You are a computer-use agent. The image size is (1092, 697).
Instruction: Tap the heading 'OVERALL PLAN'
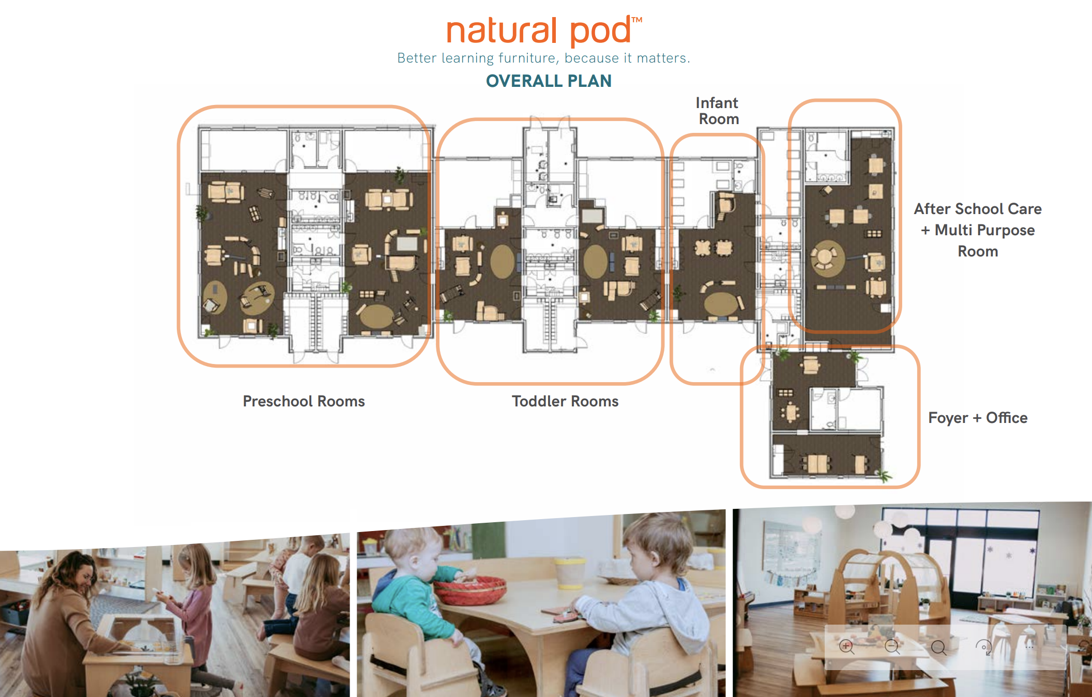point(549,81)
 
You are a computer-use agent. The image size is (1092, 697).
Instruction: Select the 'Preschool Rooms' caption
point(304,401)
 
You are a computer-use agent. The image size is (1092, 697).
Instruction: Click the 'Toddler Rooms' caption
point(565,401)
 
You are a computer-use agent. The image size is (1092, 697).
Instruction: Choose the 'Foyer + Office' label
point(977,418)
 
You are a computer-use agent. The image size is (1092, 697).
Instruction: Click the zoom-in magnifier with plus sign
point(846,647)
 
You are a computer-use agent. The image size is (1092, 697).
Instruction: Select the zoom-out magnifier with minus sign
point(892,647)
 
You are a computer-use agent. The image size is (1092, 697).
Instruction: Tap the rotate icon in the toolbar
point(983,647)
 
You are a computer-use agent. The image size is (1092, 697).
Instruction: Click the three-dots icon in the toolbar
point(1029,647)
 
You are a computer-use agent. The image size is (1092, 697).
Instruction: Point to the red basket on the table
point(471,590)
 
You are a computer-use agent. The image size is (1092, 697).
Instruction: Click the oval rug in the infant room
point(721,304)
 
